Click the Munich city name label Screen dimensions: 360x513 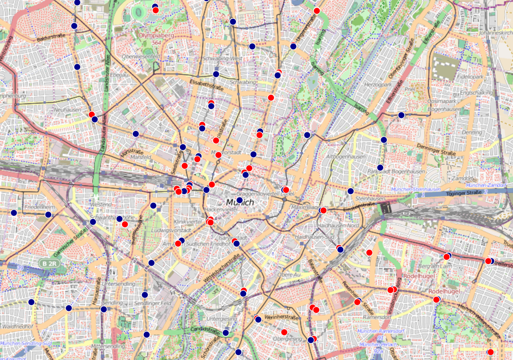[240, 203]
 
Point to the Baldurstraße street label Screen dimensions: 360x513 [53, 39]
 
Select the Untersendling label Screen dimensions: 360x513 [119, 283]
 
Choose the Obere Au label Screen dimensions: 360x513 [288, 275]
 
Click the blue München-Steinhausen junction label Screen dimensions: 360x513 [416, 189]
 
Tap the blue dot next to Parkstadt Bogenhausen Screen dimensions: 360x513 [380, 168]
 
